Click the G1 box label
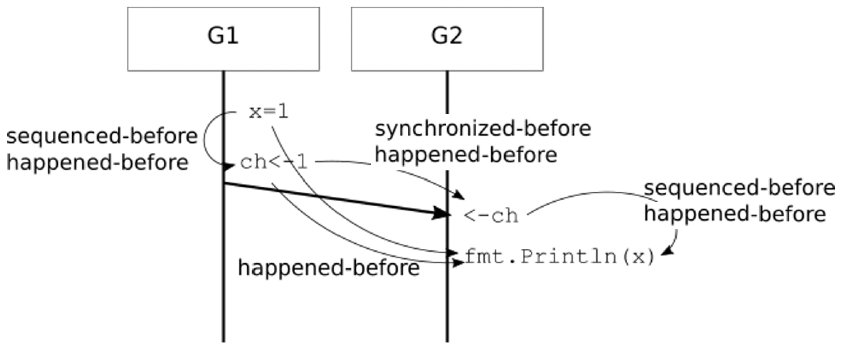click(223, 36)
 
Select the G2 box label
click(447, 36)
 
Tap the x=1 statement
click(269, 112)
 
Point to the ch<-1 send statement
click(274, 162)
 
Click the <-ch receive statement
click(491, 216)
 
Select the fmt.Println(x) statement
click(560, 257)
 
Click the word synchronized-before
click(483, 129)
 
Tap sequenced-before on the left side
click(102, 136)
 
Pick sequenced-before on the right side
click(739, 188)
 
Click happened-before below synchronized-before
click(466, 154)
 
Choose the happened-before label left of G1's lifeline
click(98, 162)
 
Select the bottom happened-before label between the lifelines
click(329, 268)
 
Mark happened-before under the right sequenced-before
click(735, 214)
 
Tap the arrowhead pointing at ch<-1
click(228, 166)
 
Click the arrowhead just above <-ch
click(459, 194)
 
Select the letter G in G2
click(439, 36)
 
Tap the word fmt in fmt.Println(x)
click(484, 256)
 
